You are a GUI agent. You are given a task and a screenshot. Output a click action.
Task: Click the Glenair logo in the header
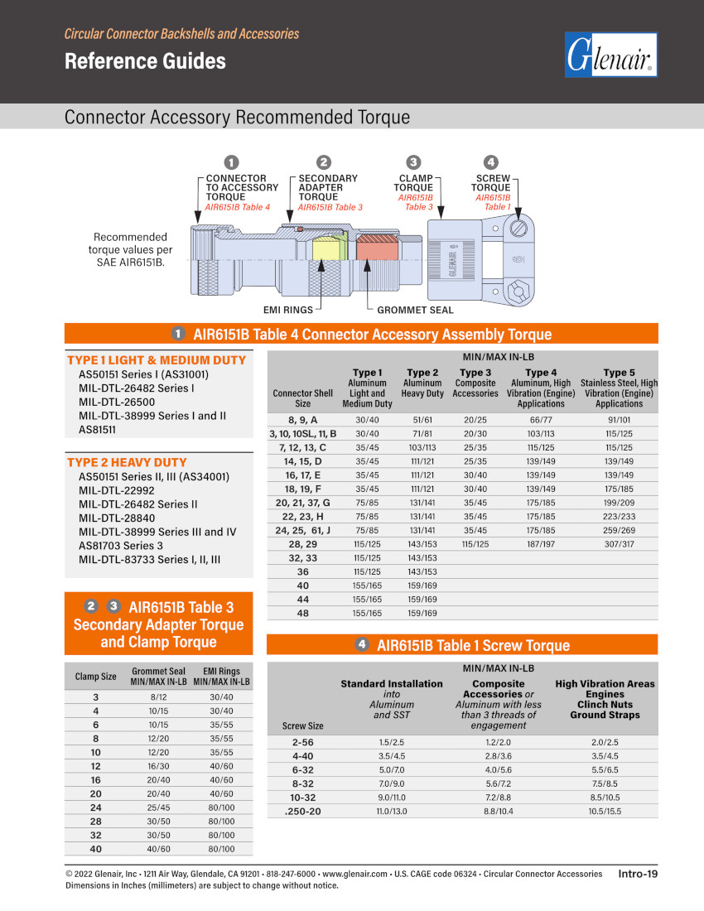pyautogui.click(x=610, y=55)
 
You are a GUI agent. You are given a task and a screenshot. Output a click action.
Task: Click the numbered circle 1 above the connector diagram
pyautogui.click(x=232, y=162)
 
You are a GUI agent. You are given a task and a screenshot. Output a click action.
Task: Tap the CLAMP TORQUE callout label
pyautogui.click(x=416, y=183)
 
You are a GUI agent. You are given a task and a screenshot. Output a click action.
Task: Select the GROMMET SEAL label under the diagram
pyautogui.click(x=416, y=310)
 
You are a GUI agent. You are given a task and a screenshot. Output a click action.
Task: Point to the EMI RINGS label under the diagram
pyautogui.click(x=288, y=310)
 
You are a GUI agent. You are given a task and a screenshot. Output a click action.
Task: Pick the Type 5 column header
pyautogui.click(x=619, y=373)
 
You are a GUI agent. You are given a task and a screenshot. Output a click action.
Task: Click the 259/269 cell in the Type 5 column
pyautogui.click(x=619, y=530)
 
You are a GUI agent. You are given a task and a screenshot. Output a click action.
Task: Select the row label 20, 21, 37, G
pyautogui.click(x=303, y=503)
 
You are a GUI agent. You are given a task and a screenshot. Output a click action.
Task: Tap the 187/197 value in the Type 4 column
pyautogui.click(x=541, y=544)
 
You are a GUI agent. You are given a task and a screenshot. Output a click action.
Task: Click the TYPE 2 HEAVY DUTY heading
pyautogui.click(x=127, y=462)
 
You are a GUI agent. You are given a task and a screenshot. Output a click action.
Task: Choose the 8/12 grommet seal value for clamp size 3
pyautogui.click(x=159, y=697)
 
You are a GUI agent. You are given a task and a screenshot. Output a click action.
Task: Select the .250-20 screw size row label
pyautogui.click(x=303, y=811)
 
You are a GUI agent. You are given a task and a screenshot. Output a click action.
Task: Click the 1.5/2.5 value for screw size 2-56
pyautogui.click(x=393, y=742)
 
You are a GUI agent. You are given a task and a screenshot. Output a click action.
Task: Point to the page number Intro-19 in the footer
pyautogui.click(x=637, y=873)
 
